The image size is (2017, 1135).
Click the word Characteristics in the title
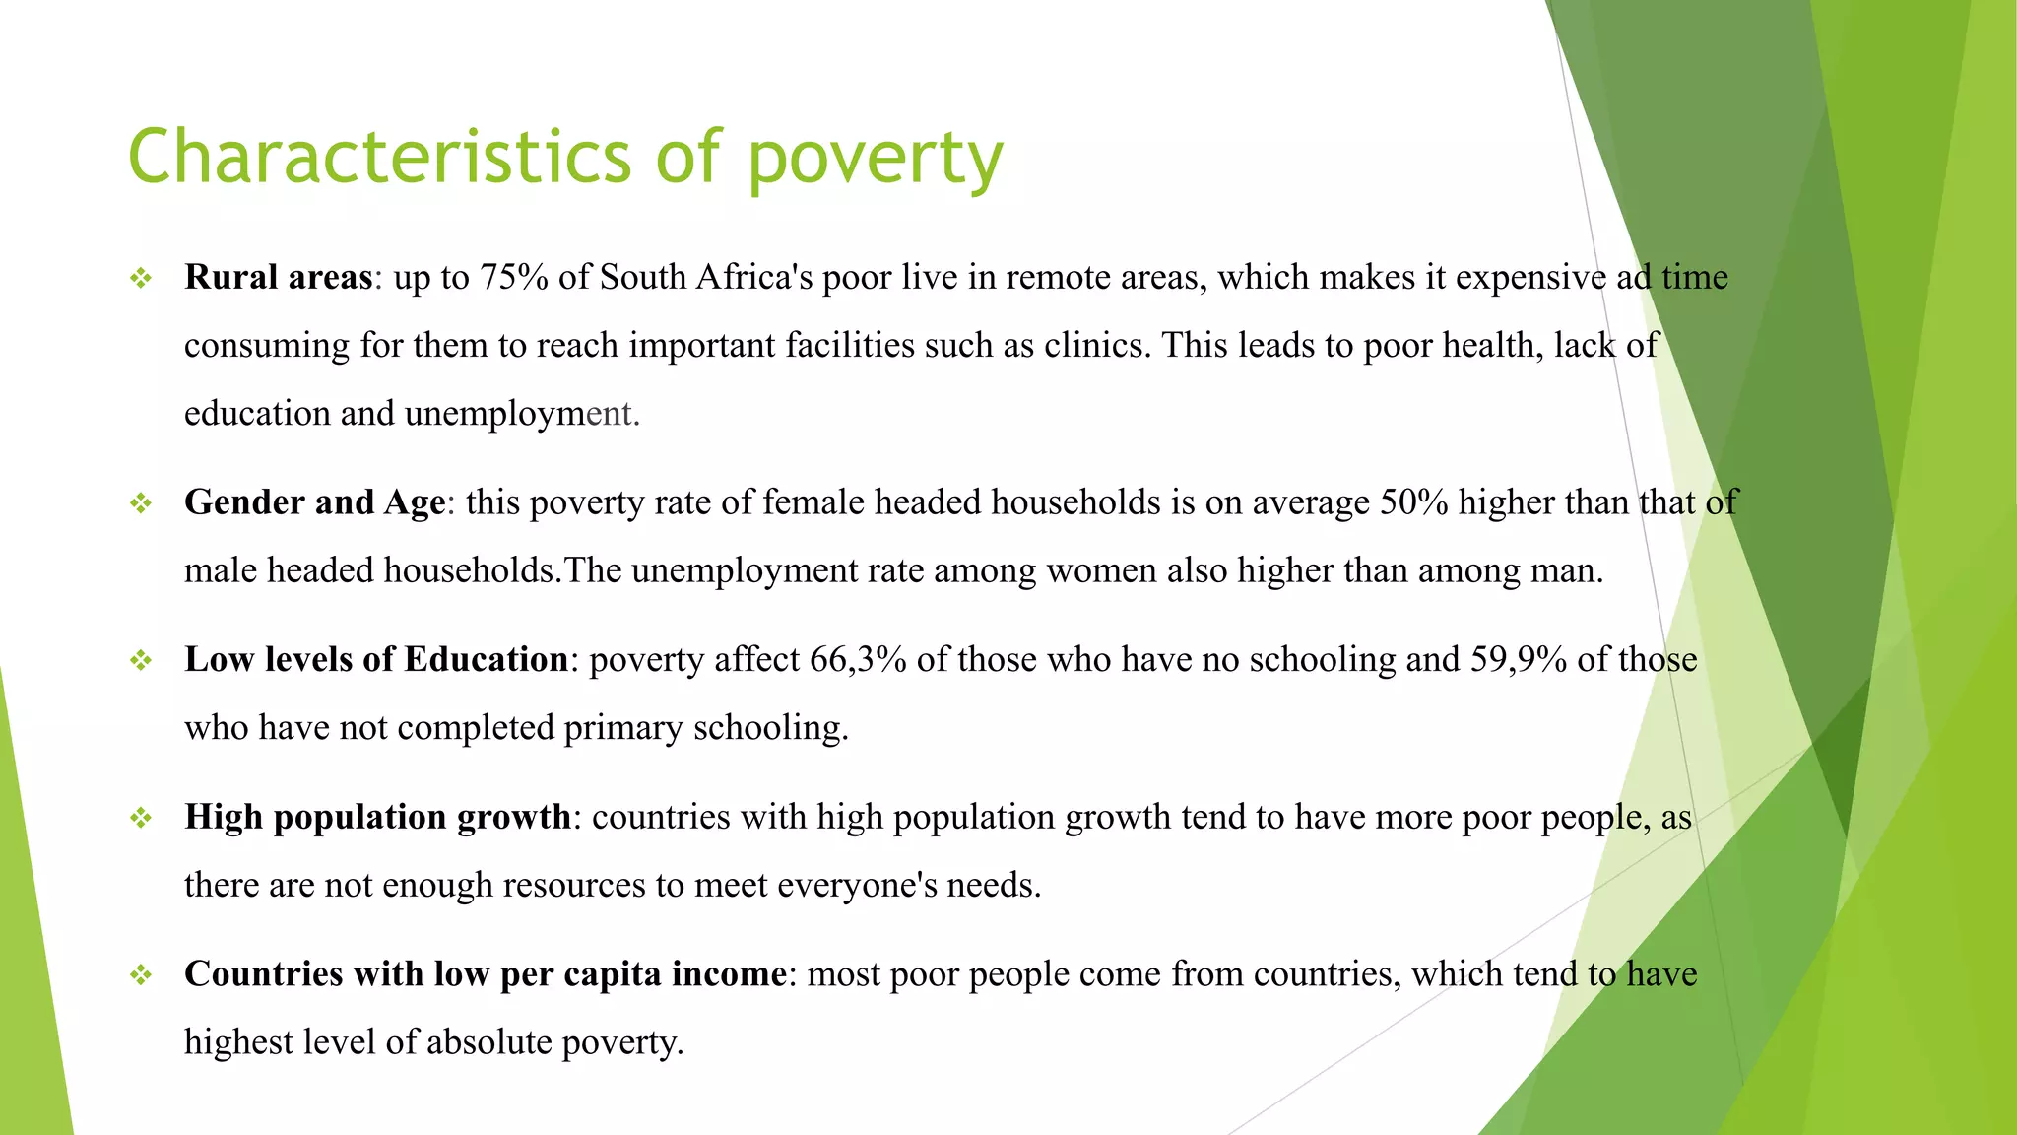[379, 158]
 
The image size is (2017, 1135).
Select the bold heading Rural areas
[279, 277]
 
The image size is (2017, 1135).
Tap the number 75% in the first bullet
[514, 277]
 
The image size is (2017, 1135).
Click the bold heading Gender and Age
[315, 502]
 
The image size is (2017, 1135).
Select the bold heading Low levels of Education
[376, 659]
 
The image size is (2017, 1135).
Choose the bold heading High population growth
[377, 817]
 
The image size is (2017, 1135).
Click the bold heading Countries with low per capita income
[486, 973]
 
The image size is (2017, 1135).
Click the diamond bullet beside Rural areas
[141, 279]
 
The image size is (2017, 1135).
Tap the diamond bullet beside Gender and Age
[141, 504]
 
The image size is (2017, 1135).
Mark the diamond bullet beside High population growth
[141, 818]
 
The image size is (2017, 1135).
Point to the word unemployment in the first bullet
[522, 414]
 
